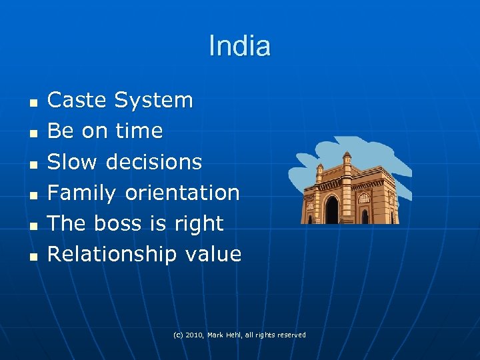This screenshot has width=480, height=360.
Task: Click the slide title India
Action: click(x=239, y=46)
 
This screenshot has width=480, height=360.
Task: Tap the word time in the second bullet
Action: click(x=139, y=131)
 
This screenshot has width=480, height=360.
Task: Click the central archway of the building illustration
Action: click(x=331, y=210)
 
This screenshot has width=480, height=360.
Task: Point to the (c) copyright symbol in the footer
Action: click(x=177, y=335)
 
